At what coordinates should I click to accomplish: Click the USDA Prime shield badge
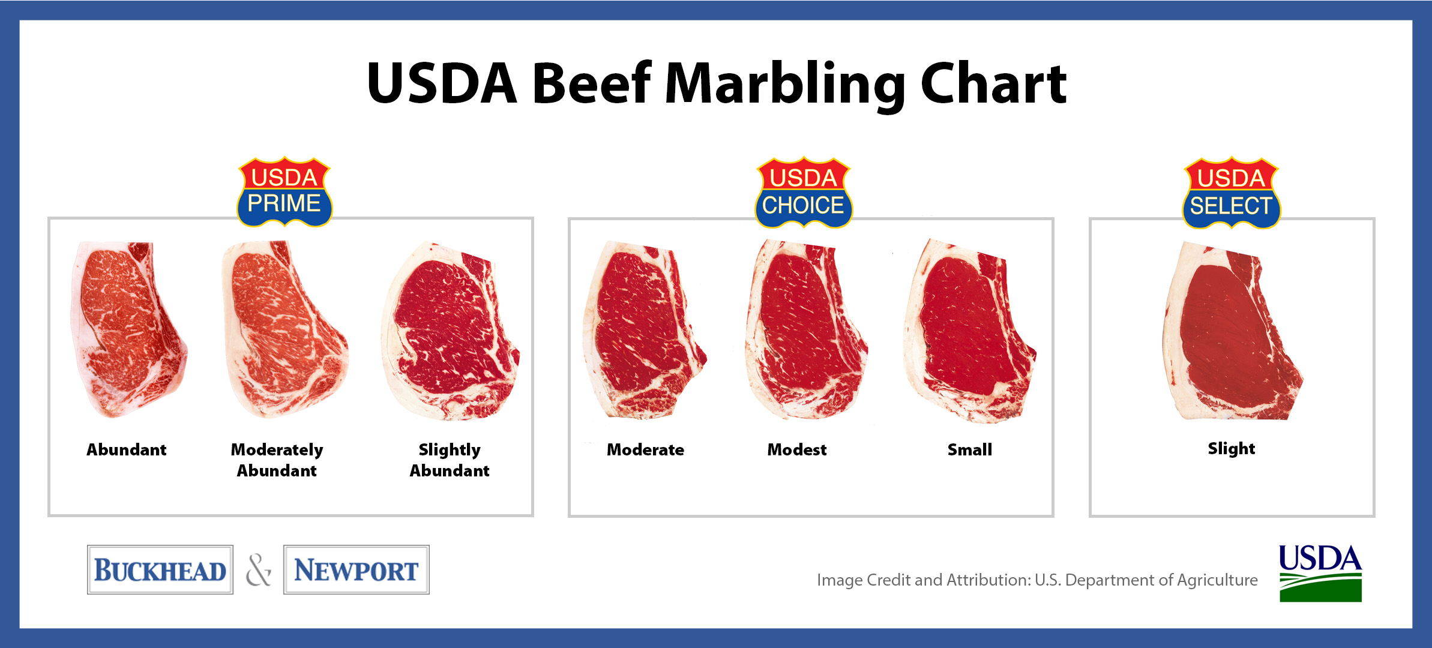[284, 192]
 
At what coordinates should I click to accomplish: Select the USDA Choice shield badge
[803, 193]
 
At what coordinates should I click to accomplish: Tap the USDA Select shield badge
[1232, 193]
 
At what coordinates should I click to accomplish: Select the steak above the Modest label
[806, 329]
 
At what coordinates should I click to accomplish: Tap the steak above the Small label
[970, 331]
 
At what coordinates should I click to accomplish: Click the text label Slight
[1231, 449]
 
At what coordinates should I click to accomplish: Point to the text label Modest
[797, 450]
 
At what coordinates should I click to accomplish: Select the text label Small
[970, 450]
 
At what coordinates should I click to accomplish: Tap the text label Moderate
[645, 450]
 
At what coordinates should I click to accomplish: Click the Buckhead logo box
[160, 569]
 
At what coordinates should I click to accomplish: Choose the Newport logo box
[356, 569]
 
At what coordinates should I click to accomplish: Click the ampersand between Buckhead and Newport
[259, 570]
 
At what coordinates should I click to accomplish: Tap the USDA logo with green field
[1320, 573]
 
